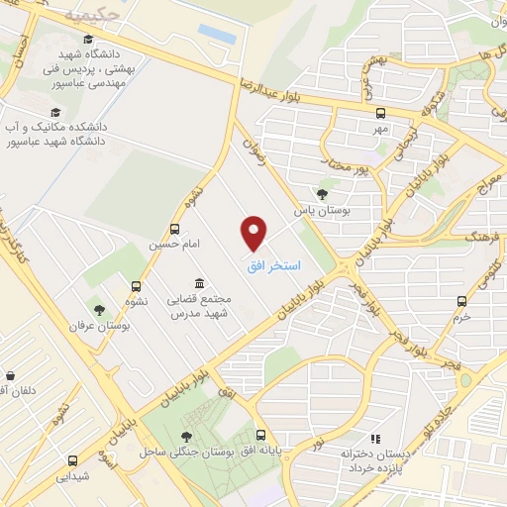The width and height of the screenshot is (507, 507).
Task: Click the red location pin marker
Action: tap(254, 234)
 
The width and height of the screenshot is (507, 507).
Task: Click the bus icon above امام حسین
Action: tap(175, 228)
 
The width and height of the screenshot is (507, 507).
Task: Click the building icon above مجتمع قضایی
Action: tap(200, 282)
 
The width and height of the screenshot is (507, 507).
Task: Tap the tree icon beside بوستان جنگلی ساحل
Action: tap(187, 436)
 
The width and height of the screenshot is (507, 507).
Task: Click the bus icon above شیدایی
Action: tap(72, 459)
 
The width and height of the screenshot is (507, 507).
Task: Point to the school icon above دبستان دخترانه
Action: tap(375, 438)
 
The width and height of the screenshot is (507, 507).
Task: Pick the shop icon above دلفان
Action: tap(10, 376)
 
